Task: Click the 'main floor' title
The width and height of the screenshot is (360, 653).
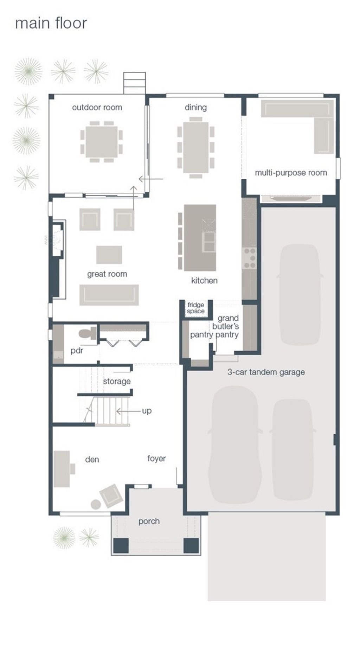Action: click(x=51, y=23)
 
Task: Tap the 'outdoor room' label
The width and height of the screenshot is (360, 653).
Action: click(x=97, y=107)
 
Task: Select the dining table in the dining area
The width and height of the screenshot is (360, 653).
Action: click(x=196, y=147)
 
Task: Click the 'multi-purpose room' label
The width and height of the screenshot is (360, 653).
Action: click(x=291, y=173)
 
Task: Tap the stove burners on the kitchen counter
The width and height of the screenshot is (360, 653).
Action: click(x=250, y=258)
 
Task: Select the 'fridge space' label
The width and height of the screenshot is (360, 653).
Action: click(x=196, y=308)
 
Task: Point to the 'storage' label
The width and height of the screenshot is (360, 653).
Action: click(x=117, y=382)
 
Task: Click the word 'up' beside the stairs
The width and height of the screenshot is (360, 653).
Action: click(x=147, y=411)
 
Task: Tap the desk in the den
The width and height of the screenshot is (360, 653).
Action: click(x=62, y=469)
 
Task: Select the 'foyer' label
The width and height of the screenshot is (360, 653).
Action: click(x=156, y=459)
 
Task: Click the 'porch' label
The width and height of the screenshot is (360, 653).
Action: click(x=149, y=521)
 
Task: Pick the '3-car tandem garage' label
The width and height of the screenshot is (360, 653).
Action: click(x=266, y=372)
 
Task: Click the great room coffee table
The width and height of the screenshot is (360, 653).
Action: click(x=109, y=255)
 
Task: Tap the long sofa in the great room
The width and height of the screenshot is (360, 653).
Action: click(x=109, y=295)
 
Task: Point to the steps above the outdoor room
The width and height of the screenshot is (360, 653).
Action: click(x=134, y=83)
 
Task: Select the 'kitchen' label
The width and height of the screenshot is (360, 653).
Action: click(x=204, y=281)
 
